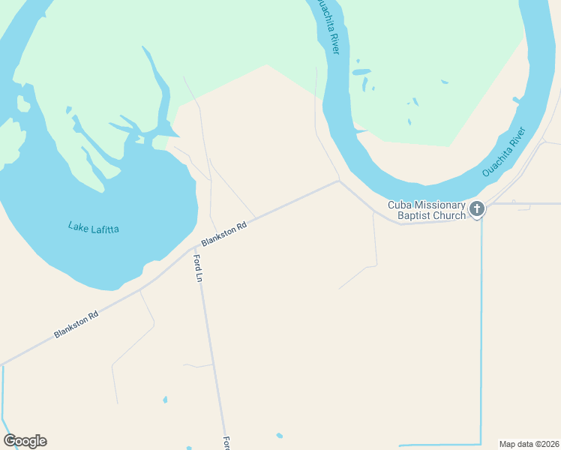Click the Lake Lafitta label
94,226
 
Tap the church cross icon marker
477,210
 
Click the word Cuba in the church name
399,205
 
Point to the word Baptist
414,216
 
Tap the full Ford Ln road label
199,268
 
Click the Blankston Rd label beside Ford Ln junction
223,234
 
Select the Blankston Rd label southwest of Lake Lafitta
76,325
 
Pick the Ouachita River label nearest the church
505,156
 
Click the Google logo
25,441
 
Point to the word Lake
77,225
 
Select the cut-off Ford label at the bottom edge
225,443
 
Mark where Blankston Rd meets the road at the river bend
339,181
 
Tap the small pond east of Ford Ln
279,435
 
